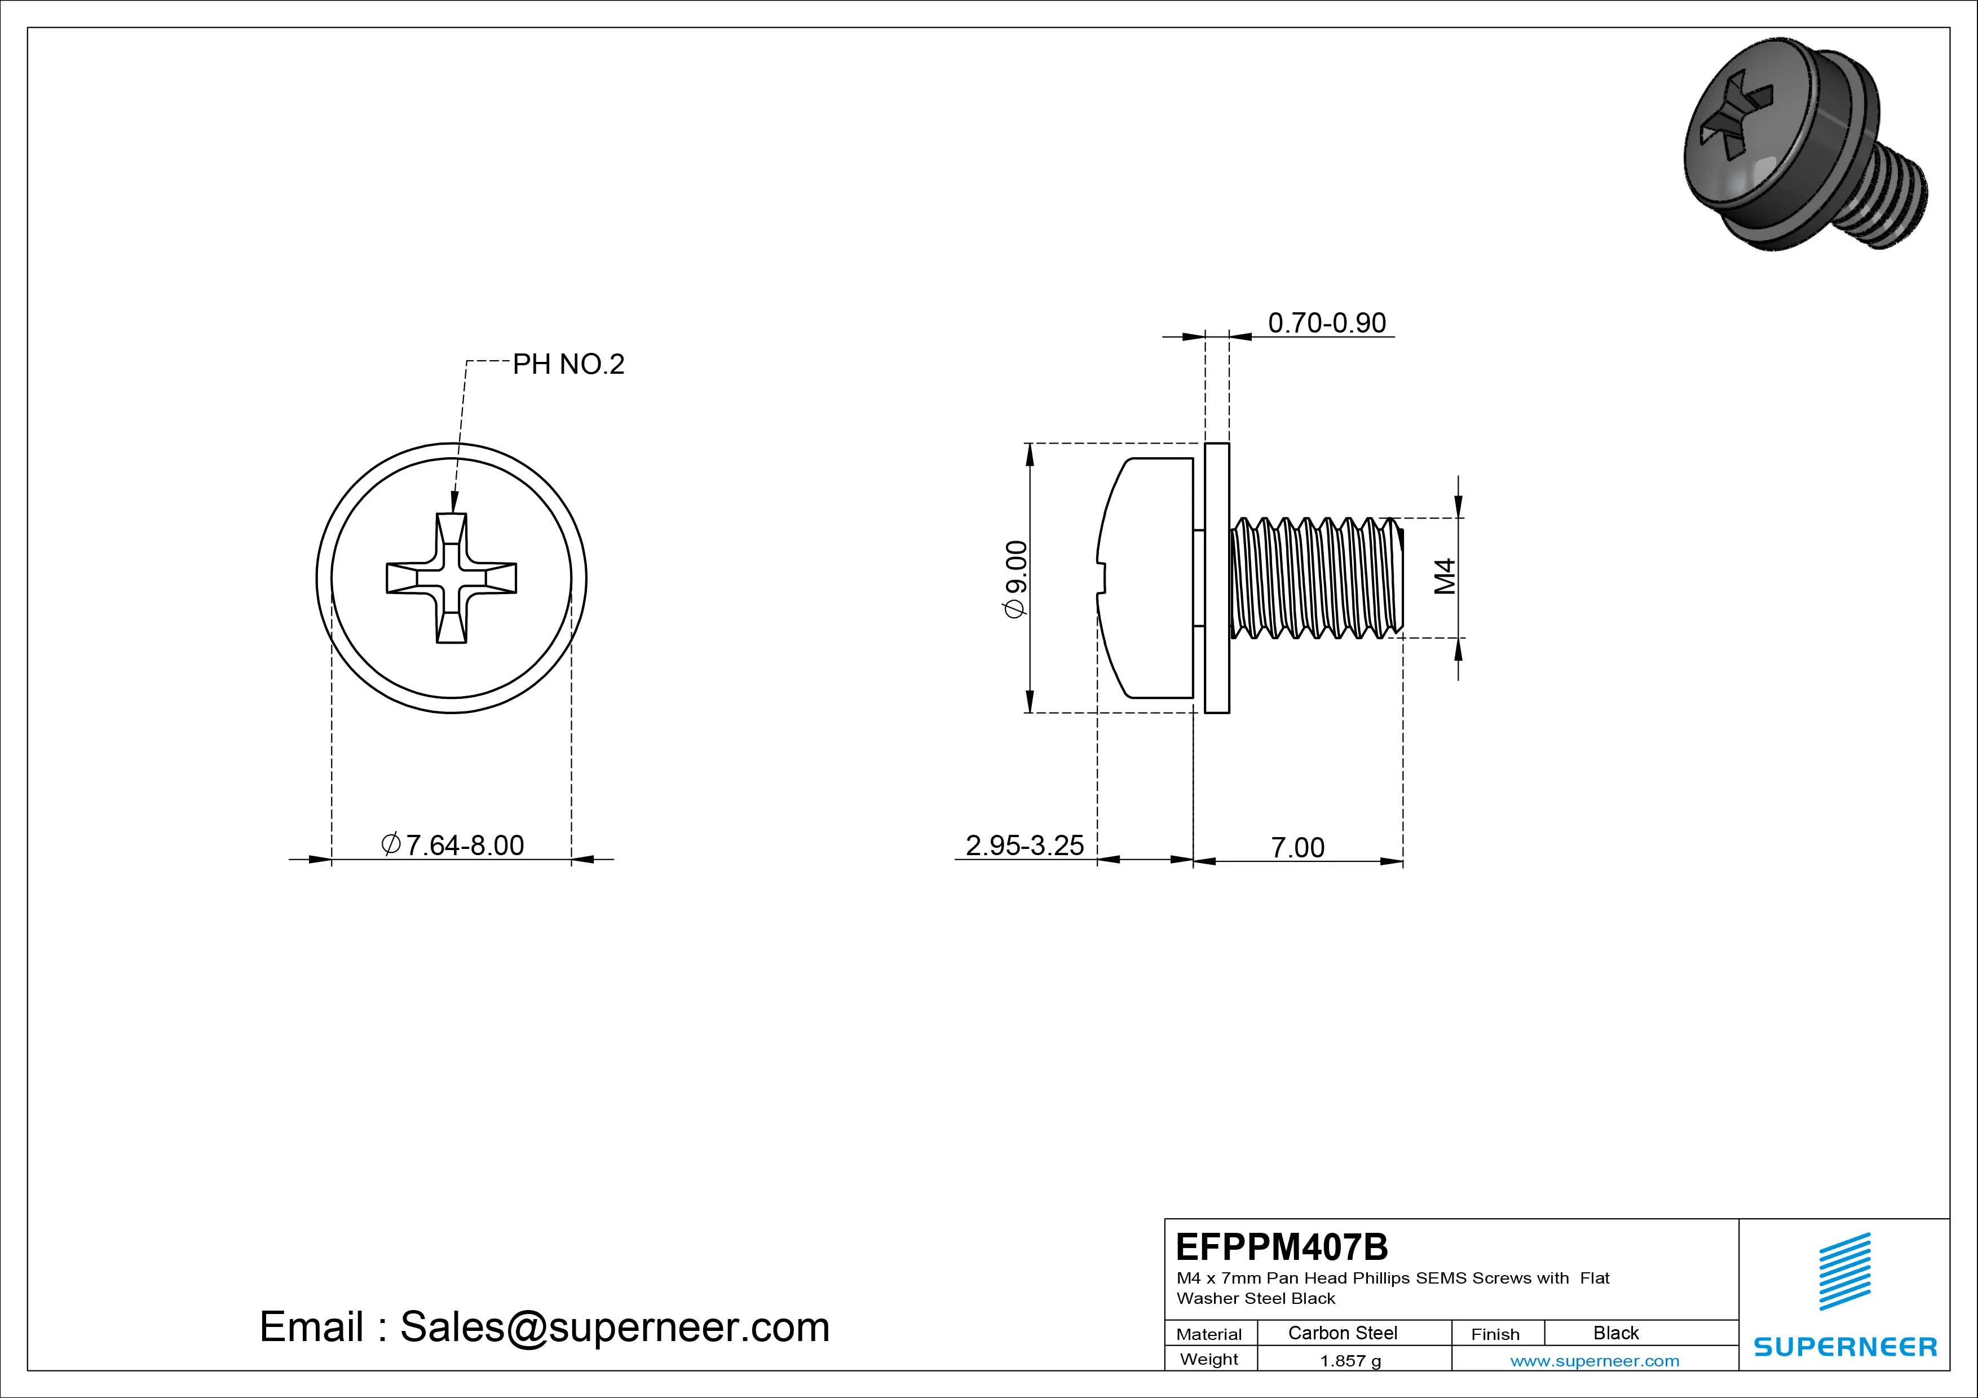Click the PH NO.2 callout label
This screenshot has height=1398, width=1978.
pyautogui.click(x=568, y=364)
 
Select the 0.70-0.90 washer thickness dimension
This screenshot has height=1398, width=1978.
pyautogui.click(x=1327, y=323)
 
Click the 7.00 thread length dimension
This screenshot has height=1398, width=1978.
pyautogui.click(x=1297, y=848)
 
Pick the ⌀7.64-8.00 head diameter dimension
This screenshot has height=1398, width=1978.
pyautogui.click(x=453, y=845)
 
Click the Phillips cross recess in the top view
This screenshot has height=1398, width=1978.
pyautogui.click(x=452, y=578)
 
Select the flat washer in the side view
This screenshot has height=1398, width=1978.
pyautogui.click(x=1216, y=578)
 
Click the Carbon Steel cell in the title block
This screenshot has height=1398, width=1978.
pyautogui.click(x=1342, y=1333)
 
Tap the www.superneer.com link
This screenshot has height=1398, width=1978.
pyautogui.click(x=1595, y=1361)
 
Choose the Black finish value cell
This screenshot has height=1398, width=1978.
pyautogui.click(x=1615, y=1333)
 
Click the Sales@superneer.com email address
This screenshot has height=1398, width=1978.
pyautogui.click(x=614, y=1328)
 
